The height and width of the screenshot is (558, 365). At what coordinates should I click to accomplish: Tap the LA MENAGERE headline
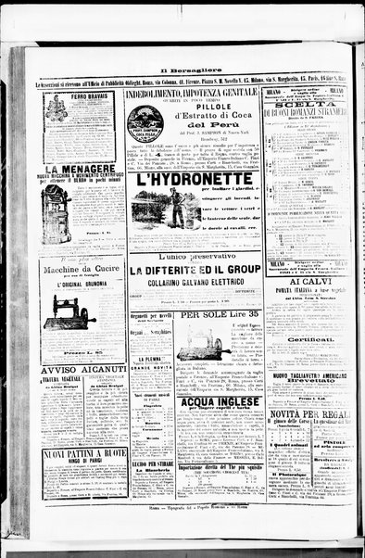coord(82,170)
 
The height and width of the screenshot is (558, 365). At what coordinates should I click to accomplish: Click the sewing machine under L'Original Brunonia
coord(74,311)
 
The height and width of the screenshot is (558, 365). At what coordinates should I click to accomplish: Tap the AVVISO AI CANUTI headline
coord(82,372)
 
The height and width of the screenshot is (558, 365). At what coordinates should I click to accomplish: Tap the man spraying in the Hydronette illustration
coord(175,209)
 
